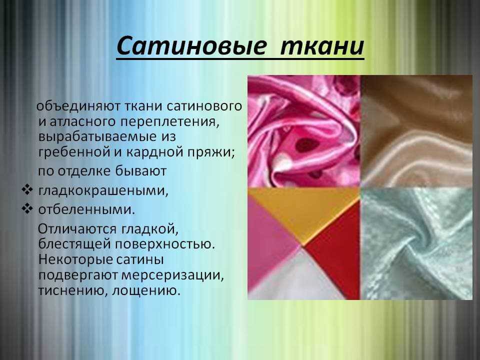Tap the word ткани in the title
click(322, 46)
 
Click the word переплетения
click(170, 122)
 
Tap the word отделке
click(84, 171)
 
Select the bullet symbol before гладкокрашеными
click(27, 190)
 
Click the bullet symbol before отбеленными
click(27, 209)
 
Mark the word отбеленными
click(86, 210)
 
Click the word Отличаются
click(77, 229)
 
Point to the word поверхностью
click(165, 244)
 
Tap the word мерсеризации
click(173, 275)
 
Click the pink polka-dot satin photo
click(304, 131)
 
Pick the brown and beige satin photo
click(416, 131)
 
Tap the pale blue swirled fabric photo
click(416, 243)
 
